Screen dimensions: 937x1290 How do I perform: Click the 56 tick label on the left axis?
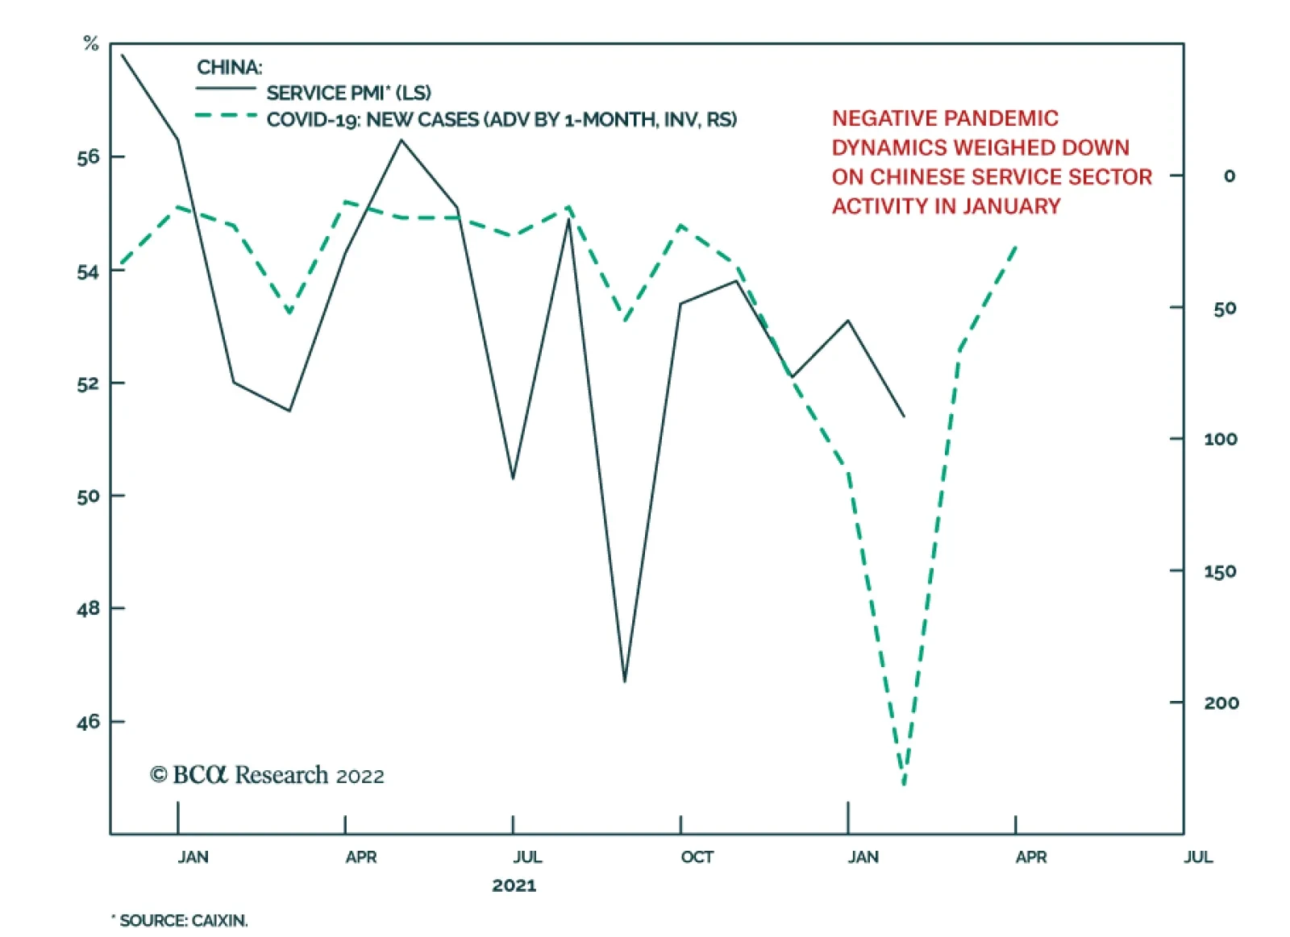[89, 157]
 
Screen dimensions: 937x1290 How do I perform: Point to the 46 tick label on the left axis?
[89, 722]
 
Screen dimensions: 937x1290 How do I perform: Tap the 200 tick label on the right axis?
[1221, 703]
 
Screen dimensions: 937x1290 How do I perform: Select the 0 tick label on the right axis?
[1229, 176]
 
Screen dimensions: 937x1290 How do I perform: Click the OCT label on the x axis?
[697, 857]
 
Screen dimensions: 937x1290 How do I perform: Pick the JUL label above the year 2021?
[527, 857]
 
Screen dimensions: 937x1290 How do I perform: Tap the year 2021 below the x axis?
[514, 886]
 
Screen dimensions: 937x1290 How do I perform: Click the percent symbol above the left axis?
[91, 44]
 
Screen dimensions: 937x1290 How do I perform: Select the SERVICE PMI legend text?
[348, 93]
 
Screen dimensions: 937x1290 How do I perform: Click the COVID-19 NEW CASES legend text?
[501, 120]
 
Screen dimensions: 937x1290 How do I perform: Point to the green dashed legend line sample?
[225, 116]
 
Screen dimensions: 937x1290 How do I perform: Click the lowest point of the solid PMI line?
[625, 682]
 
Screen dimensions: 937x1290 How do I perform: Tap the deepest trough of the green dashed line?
[904, 784]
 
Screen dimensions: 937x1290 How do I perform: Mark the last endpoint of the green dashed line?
[1015, 246]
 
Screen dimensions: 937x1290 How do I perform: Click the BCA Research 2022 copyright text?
[267, 775]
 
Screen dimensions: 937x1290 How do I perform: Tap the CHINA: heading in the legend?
[229, 68]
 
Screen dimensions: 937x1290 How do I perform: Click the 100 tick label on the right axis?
[1220, 440]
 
